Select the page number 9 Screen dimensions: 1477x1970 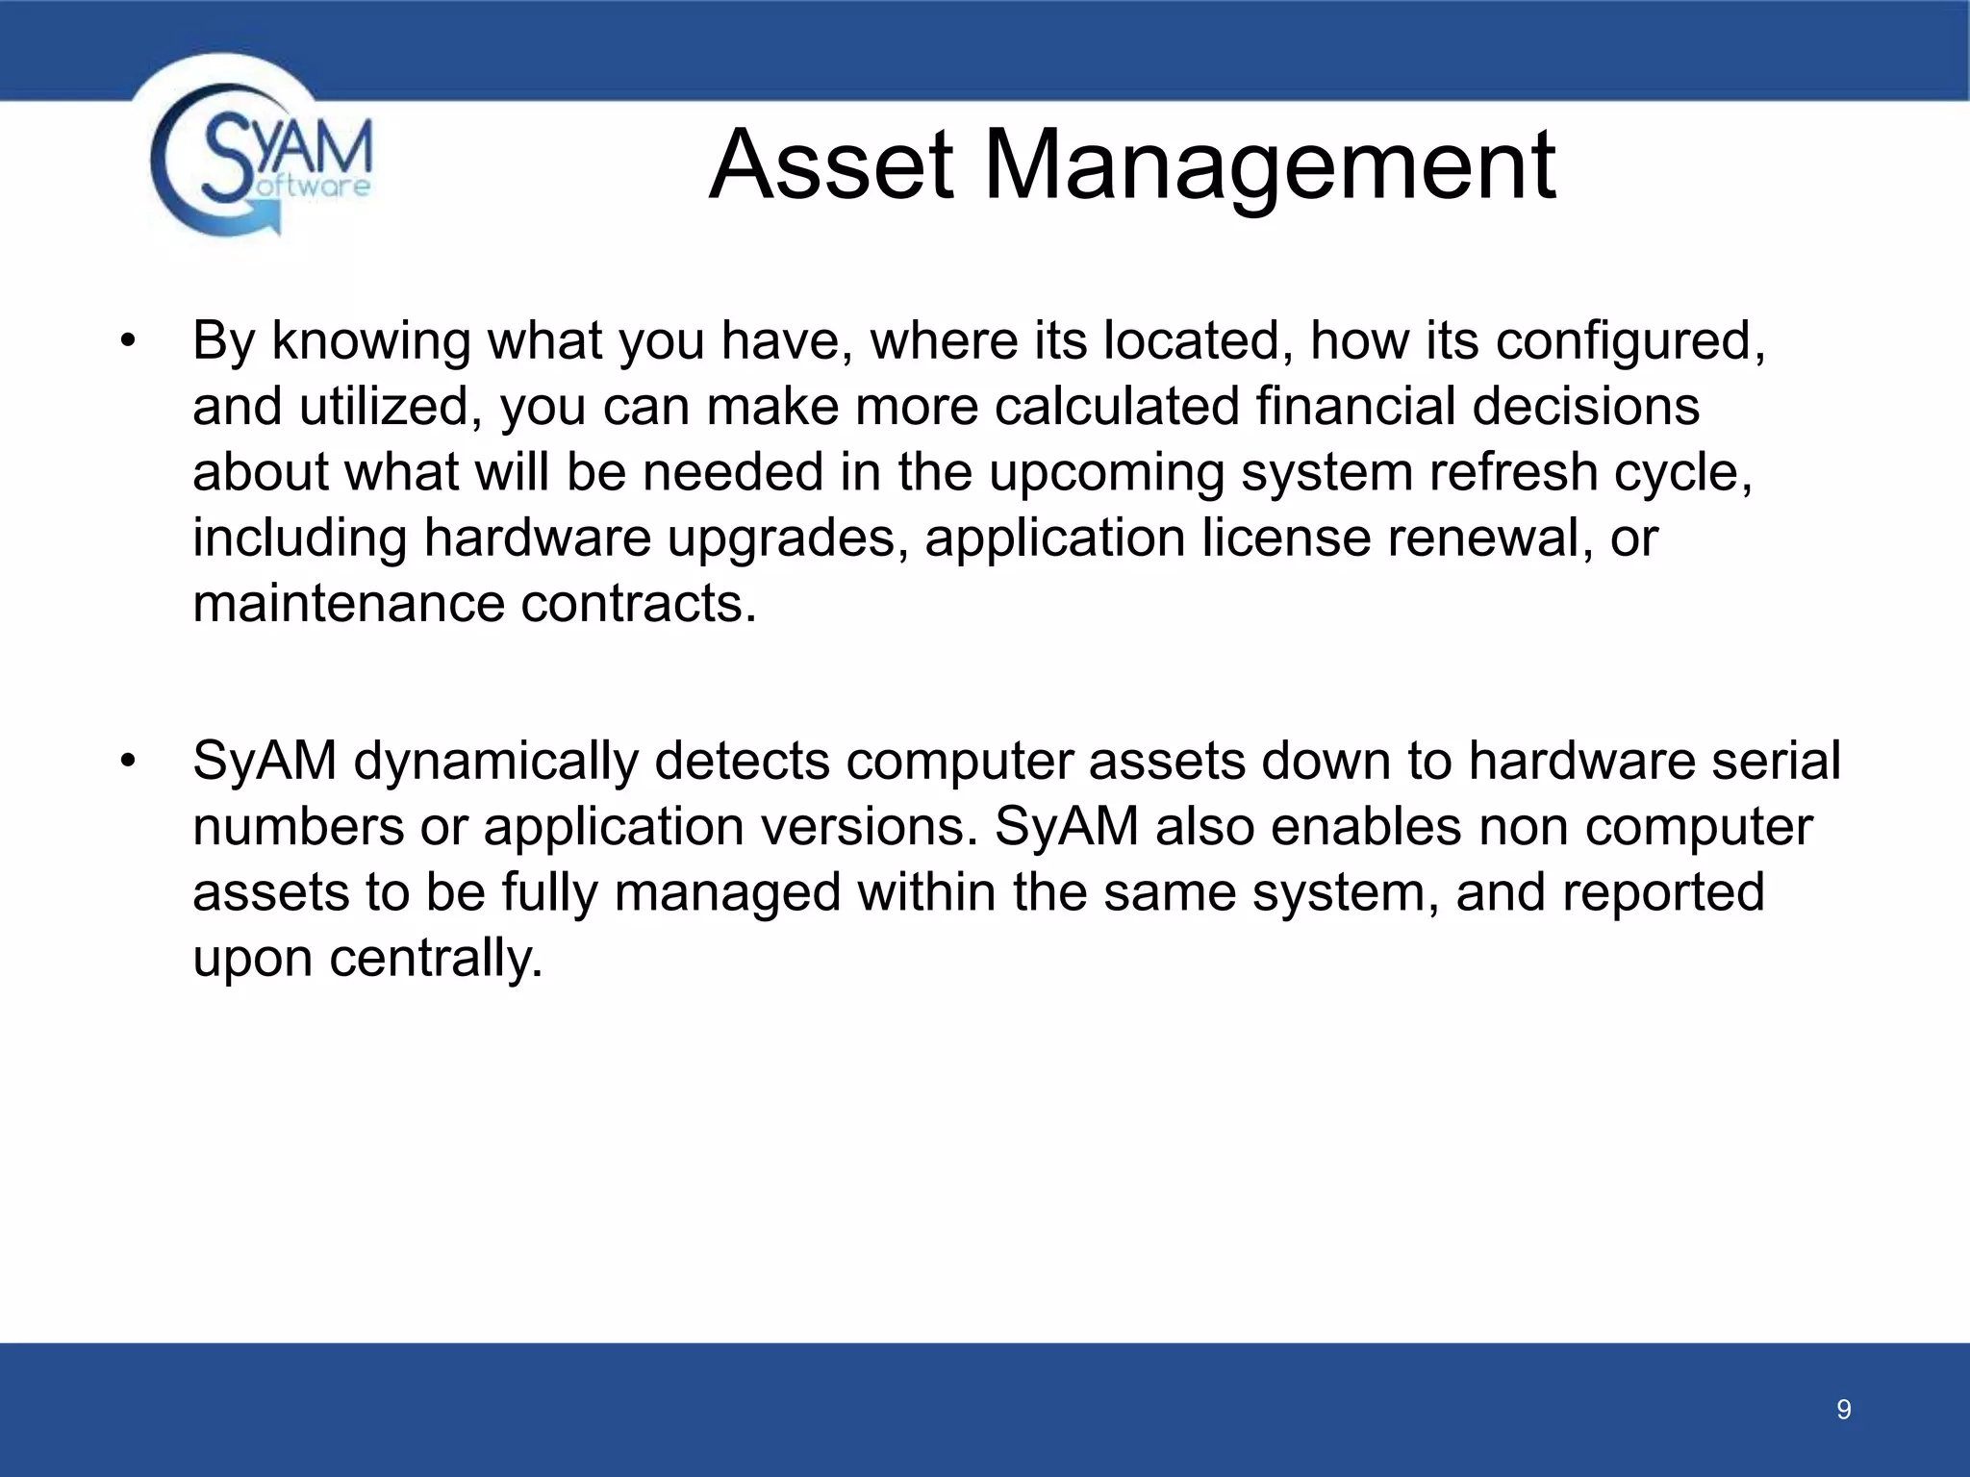click(1843, 1410)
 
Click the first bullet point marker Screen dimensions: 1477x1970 click(128, 342)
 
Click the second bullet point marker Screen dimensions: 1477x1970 click(128, 763)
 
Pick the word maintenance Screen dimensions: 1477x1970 click(348, 604)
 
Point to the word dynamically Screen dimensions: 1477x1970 click(495, 762)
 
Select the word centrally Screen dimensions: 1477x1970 click(436, 958)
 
